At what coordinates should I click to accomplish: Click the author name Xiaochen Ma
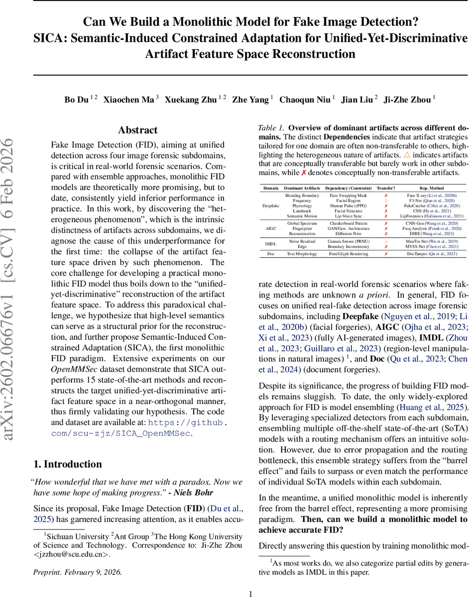click(128, 99)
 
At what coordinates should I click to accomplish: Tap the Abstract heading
click(138, 130)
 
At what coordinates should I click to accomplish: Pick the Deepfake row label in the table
click(271, 205)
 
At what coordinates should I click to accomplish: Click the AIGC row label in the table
click(271, 228)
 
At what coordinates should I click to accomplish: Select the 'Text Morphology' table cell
click(302, 254)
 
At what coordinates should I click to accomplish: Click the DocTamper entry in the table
click(431, 254)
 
